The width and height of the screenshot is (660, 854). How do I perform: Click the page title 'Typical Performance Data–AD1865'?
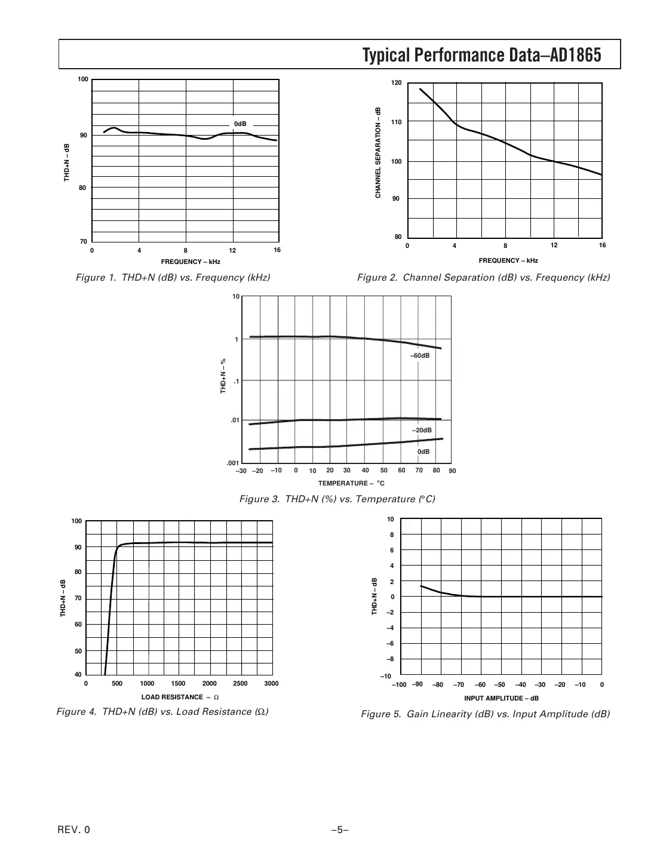point(481,56)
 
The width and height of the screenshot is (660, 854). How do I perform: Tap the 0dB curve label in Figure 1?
point(240,124)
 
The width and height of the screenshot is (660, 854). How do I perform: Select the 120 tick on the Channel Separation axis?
point(397,83)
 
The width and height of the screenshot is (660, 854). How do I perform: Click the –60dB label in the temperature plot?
point(419,356)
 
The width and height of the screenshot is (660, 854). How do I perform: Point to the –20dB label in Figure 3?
point(422,431)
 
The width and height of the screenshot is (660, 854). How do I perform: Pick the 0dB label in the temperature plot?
point(423,452)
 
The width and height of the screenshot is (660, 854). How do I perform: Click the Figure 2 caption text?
point(483,278)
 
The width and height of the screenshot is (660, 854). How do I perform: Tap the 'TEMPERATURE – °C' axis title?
point(351,483)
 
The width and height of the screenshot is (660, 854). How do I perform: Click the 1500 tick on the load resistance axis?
point(178,684)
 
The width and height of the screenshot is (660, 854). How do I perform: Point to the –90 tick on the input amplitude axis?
point(418,684)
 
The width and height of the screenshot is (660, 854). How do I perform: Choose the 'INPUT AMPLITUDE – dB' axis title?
point(501,698)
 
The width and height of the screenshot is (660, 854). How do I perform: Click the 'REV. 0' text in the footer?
point(74,830)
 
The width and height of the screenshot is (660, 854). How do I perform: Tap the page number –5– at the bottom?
point(339,830)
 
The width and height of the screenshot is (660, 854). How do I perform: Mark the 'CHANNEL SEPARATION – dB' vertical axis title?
point(377,153)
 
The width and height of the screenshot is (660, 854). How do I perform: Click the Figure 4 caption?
point(162,712)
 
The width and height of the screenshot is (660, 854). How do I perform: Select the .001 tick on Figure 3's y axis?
point(232,463)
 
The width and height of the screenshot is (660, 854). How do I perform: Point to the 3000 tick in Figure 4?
point(271,684)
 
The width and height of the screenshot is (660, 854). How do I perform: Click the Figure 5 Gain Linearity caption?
point(485,714)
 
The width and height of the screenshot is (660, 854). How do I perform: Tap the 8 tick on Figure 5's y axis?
point(392,535)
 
